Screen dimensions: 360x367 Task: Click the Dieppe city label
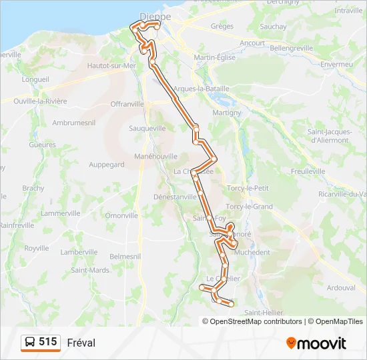[x=155, y=15]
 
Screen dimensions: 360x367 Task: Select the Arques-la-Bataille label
[x=201, y=88]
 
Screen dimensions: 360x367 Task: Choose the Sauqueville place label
[x=147, y=127]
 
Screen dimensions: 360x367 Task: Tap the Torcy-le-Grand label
[x=249, y=207]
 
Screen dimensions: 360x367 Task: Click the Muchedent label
[x=252, y=253]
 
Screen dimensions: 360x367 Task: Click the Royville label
[x=37, y=248]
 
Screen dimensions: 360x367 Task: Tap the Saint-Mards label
[x=90, y=270]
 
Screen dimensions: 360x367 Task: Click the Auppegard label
[x=106, y=164]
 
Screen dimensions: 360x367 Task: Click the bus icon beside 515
[x=30, y=343]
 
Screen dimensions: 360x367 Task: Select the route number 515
[x=47, y=342]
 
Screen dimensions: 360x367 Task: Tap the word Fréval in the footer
[x=81, y=343]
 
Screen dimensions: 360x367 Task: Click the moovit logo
[x=316, y=343]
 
